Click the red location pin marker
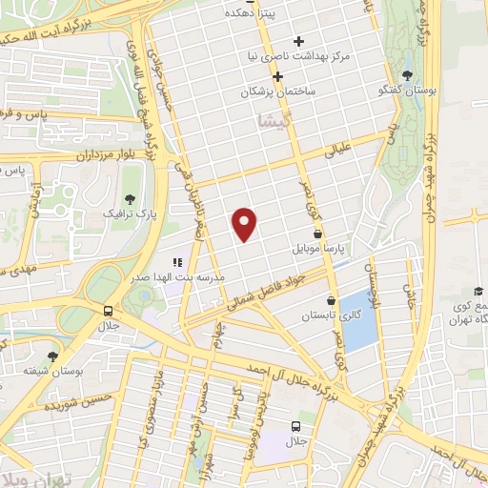(246, 222)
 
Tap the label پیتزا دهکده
(251, 13)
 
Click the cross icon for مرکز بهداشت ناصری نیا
(299, 41)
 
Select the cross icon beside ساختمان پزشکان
(277, 77)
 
